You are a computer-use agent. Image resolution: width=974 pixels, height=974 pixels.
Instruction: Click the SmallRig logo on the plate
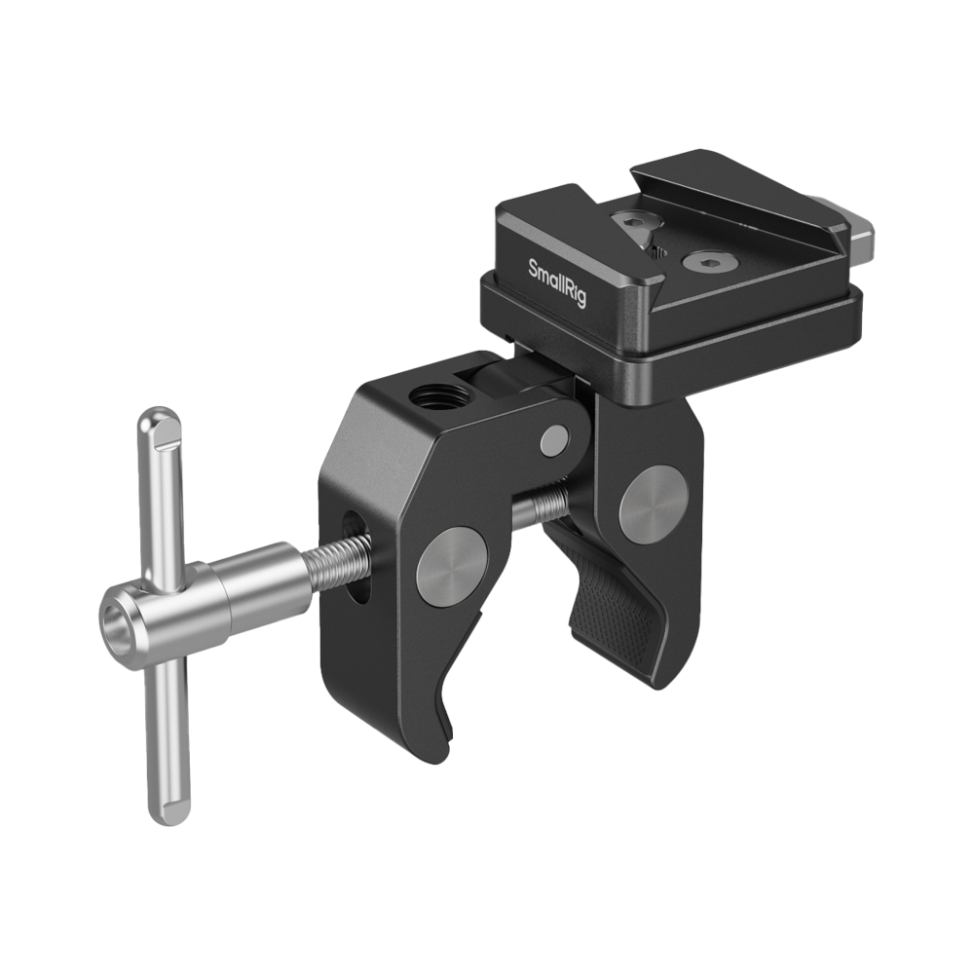click(557, 283)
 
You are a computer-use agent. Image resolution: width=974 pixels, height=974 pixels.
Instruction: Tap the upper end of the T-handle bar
click(159, 424)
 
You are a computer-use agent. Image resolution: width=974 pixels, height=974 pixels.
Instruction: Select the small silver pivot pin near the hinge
click(555, 439)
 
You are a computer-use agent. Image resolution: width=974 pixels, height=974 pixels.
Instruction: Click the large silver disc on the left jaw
click(451, 567)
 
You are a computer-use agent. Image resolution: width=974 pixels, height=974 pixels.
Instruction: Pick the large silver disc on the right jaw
click(653, 503)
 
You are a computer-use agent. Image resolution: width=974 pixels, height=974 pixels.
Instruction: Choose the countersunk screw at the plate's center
click(697, 261)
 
